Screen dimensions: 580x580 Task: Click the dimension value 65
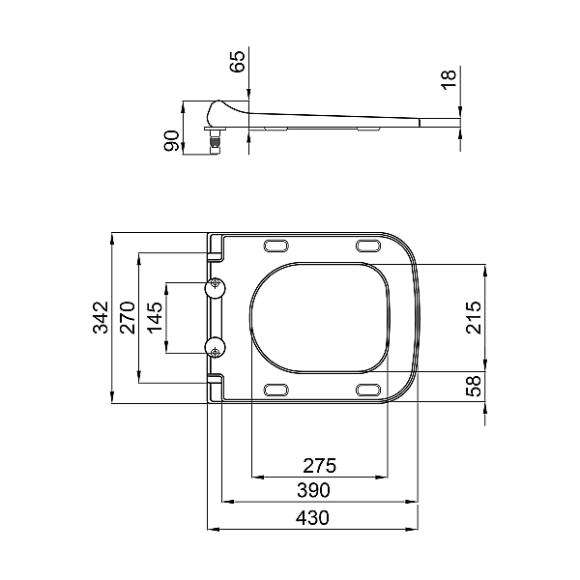coord(238,62)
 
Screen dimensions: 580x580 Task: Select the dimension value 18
coord(449,79)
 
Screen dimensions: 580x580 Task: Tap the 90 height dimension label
coord(172,141)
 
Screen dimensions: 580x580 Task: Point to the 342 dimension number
coord(101,317)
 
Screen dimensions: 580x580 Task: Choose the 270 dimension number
coord(129,317)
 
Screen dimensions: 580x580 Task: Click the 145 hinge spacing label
coord(156,317)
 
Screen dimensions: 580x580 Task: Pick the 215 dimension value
coord(474,318)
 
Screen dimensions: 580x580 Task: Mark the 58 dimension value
coord(474,386)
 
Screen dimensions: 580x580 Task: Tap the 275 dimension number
coord(320,466)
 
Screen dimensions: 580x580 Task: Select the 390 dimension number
coord(313,490)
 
